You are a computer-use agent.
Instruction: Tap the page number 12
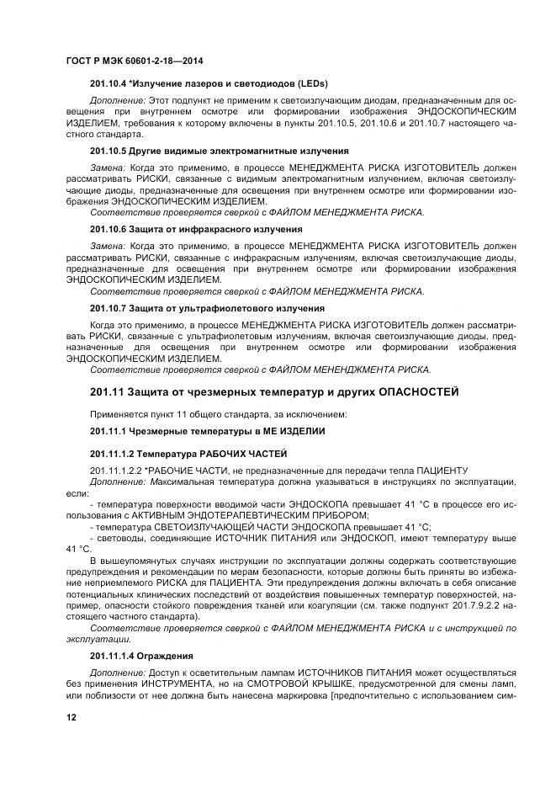71,716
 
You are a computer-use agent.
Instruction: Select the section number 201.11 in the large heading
109,392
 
